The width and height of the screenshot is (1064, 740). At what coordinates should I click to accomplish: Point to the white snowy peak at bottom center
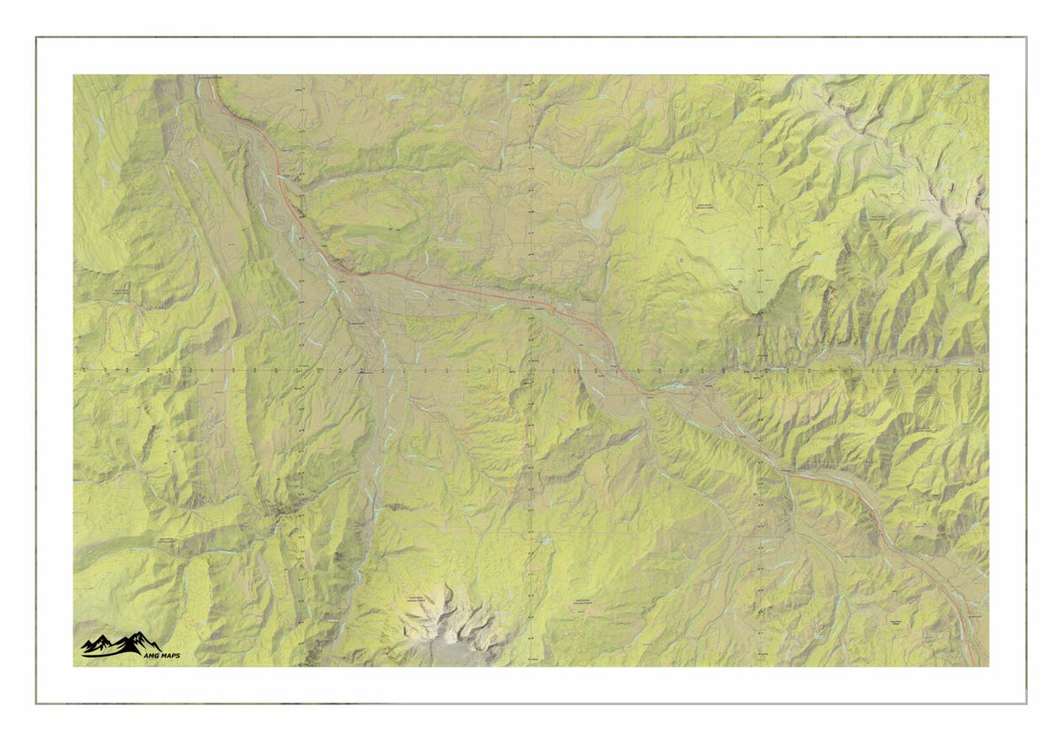[448, 620]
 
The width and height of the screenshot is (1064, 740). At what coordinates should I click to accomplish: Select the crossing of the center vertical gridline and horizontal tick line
[529, 368]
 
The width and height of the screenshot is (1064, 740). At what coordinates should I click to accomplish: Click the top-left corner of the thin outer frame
[36, 37]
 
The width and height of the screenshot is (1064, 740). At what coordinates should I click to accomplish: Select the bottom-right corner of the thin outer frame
[1026, 704]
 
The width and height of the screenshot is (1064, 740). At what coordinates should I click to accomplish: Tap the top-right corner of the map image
[989, 75]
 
